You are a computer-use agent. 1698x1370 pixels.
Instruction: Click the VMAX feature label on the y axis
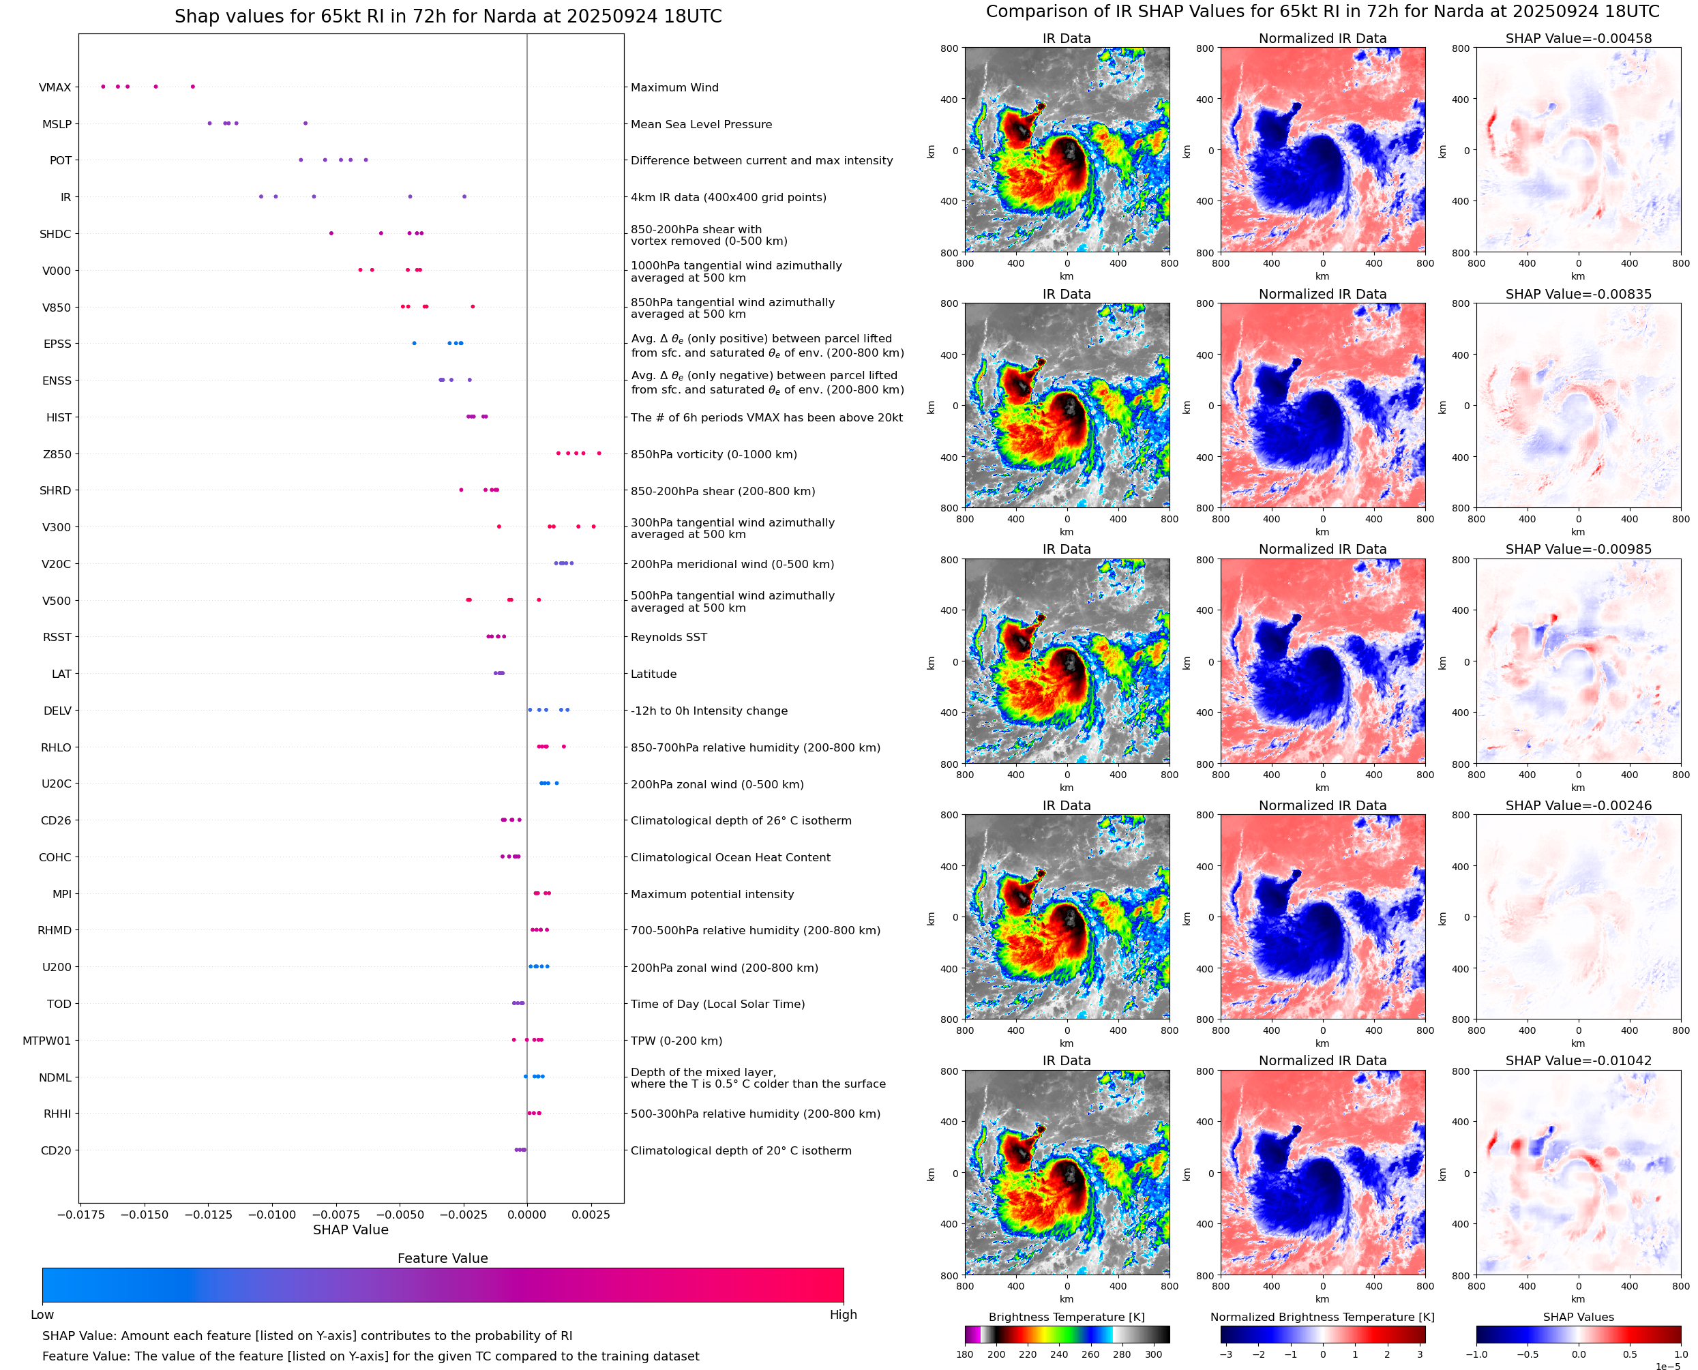click(55, 87)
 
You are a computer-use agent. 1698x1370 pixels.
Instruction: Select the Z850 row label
click(57, 455)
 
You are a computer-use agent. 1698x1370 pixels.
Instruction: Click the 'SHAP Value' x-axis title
click(351, 1230)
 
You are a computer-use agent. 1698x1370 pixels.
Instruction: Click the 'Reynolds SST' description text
click(668, 638)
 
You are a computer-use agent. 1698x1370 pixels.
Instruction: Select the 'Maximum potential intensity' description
click(712, 894)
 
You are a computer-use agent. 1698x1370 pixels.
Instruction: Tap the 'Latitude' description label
click(653, 674)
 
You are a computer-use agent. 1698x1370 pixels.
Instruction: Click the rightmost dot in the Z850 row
click(599, 453)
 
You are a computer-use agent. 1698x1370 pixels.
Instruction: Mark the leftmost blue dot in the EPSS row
click(414, 343)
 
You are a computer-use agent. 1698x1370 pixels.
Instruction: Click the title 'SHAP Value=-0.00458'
click(1578, 39)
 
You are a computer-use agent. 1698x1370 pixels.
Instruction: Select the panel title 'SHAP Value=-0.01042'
click(1578, 1060)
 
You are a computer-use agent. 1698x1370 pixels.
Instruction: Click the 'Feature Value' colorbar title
click(443, 1258)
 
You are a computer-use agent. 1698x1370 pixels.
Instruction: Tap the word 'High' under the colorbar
click(843, 1315)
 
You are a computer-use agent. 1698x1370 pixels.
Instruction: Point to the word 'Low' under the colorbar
click(42, 1315)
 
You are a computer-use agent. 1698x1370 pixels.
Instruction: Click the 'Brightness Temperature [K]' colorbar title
click(1066, 1317)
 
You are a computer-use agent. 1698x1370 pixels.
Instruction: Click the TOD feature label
click(59, 1004)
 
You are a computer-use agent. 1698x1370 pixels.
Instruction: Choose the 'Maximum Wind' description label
click(674, 87)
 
